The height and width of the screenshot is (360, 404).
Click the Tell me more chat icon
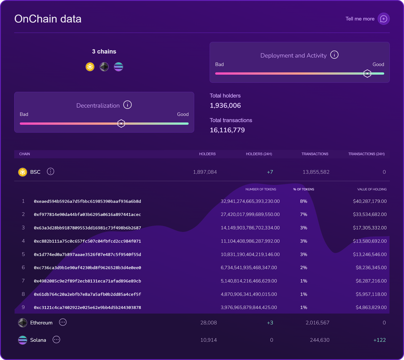coord(384,19)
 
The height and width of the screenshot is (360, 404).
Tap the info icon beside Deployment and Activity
coord(334,55)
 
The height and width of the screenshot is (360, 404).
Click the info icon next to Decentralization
coord(127,105)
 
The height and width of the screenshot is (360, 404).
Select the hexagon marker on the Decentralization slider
coord(121,123)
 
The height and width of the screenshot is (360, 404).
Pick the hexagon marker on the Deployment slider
coord(367,73)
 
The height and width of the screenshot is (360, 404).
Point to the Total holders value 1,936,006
coord(225,105)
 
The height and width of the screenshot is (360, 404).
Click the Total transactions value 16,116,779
coord(227,130)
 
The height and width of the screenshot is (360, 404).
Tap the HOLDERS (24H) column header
coord(259,154)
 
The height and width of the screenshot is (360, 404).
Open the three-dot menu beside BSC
coord(50,172)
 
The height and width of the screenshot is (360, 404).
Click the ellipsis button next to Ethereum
coord(63,322)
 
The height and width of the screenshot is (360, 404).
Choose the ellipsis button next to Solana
coord(56,340)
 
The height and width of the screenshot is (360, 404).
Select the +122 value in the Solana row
coord(380,340)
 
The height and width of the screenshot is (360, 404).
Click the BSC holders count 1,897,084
coord(205,172)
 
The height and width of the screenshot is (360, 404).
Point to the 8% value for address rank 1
coord(304,201)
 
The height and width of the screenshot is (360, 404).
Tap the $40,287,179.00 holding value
coord(370,201)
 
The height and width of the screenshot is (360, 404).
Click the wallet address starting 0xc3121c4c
coord(87,308)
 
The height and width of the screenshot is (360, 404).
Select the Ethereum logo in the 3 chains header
coord(104,67)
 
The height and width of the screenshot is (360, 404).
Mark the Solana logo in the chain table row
coord(22,340)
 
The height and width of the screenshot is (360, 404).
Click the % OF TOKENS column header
coord(304,189)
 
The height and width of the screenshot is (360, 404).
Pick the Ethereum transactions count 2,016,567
coord(317,323)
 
